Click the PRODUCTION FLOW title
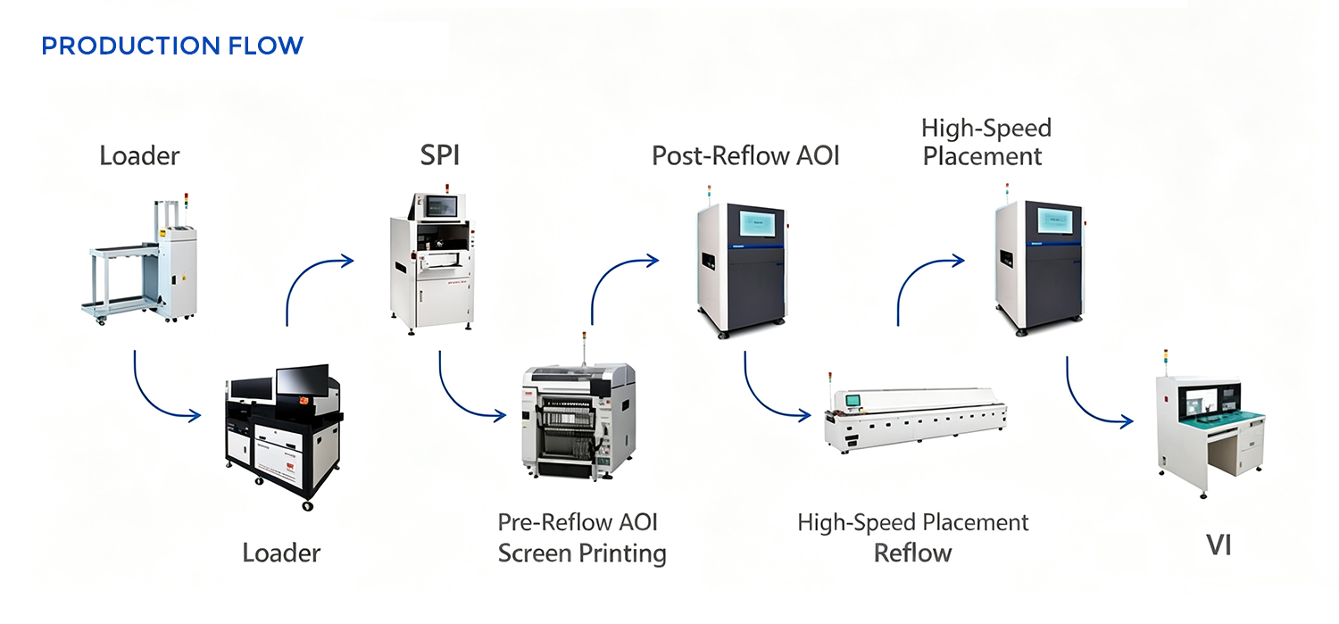pyautogui.click(x=172, y=46)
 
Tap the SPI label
pyautogui.click(x=439, y=155)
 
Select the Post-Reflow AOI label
pyautogui.click(x=745, y=156)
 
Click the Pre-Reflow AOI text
pyautogui.click(x=578, y=522)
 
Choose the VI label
pyautogui.click(x=1218, y=545)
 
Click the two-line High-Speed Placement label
pyautogui.click(x=986, y=142)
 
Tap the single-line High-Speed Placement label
pyautogui.click(x=913, y=523)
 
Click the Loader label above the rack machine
pyautogui.click(x=139, y=156)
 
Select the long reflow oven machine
pyautogui.click(x=916, y=418)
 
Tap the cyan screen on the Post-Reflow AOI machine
pyautogui.click(x=758, y=223)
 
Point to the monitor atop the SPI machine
pyautogui.click(x=441, y=207)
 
